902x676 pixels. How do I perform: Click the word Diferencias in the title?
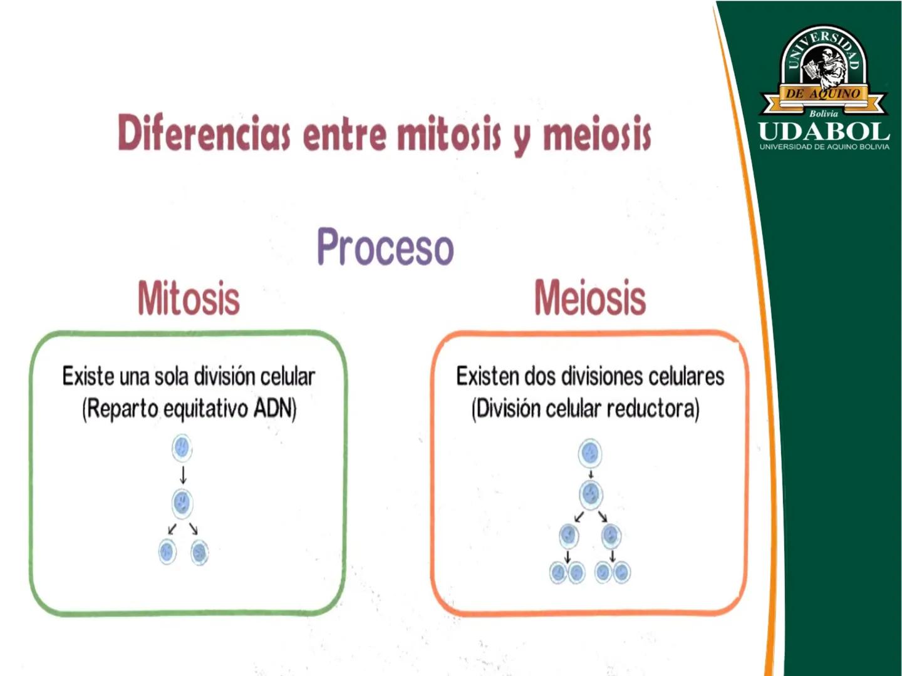click(204, 133)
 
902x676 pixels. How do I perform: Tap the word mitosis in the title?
click(448, 133)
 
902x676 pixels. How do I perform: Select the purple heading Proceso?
click(385, 247)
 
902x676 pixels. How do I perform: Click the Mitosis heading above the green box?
click(189, 299)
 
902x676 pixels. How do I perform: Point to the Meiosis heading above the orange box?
click(590, 297)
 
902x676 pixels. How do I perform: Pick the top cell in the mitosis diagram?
click(182, 448)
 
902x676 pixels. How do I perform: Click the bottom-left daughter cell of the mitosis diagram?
click(167, 551)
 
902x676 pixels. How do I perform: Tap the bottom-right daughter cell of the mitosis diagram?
click(200, 553)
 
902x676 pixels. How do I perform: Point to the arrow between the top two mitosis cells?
click(184, 475)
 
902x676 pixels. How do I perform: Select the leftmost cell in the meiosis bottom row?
click(559, 572)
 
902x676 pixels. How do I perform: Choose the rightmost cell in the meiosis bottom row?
click(622, 572)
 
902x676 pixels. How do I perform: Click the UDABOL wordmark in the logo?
click(824, 131)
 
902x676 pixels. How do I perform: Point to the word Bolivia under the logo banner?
click(824, 114)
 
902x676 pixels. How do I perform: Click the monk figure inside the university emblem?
click(826, 66)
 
